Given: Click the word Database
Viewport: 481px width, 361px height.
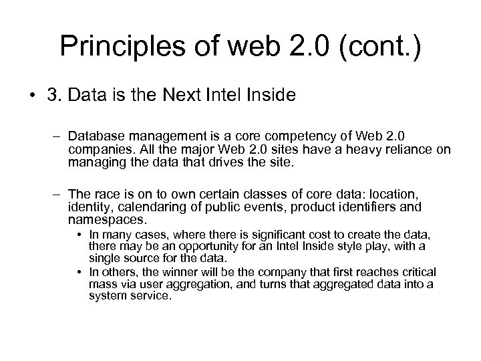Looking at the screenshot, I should point(96,138).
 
